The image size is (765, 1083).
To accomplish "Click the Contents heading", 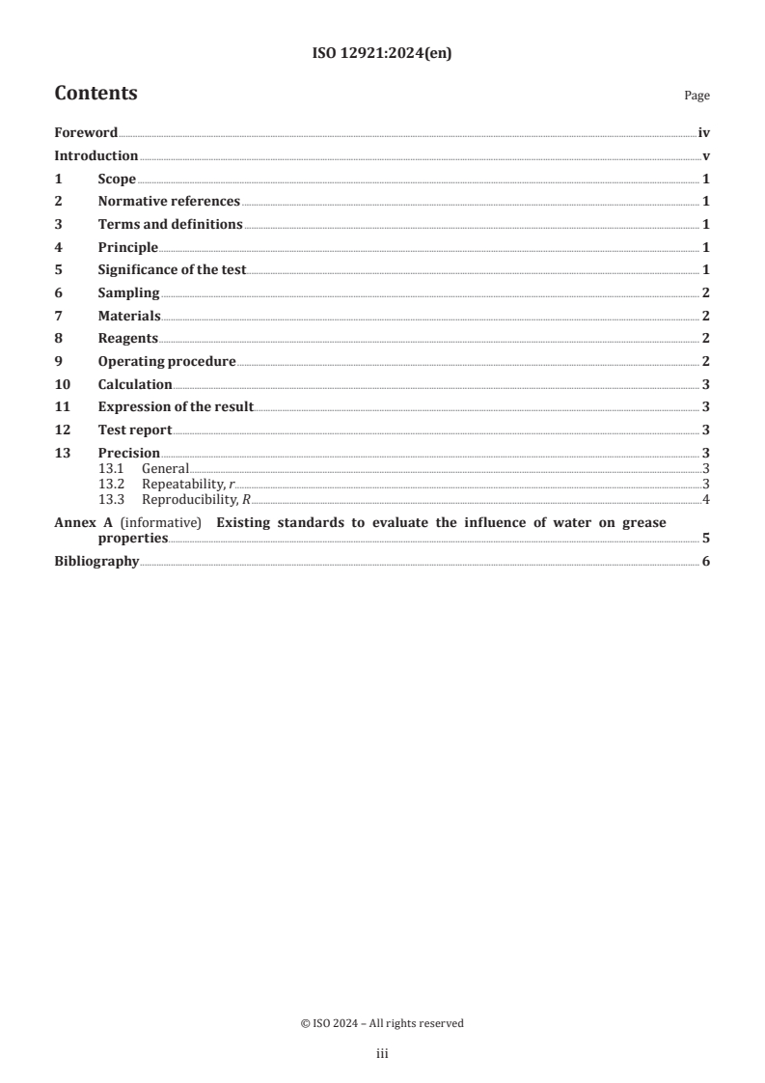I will point(96,94).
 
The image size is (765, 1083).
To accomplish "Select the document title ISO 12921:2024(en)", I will point(382,54).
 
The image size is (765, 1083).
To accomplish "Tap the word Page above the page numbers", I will point(697,96).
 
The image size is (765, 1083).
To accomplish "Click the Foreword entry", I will point(86,133).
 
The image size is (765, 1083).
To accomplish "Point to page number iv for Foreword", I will point(704,133).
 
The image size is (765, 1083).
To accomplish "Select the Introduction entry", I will point(96,156).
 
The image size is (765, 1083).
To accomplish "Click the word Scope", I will point(117,180).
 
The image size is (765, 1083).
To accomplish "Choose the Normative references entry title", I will point(169,202).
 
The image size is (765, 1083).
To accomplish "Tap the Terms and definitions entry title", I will point(170,225).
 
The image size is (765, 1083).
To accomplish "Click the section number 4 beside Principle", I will point(58,248).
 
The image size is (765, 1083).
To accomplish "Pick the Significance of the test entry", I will point(172,270).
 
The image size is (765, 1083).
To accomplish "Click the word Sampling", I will point(128,293).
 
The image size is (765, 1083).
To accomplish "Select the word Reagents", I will point(127,339).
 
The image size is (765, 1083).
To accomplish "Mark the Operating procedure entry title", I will point(167,362).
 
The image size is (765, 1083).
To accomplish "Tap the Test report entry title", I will point(135,430).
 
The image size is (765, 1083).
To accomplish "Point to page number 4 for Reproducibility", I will point(706,499).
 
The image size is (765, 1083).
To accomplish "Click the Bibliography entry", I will point(96,562).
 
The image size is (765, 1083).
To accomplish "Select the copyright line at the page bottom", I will point(382,1023).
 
